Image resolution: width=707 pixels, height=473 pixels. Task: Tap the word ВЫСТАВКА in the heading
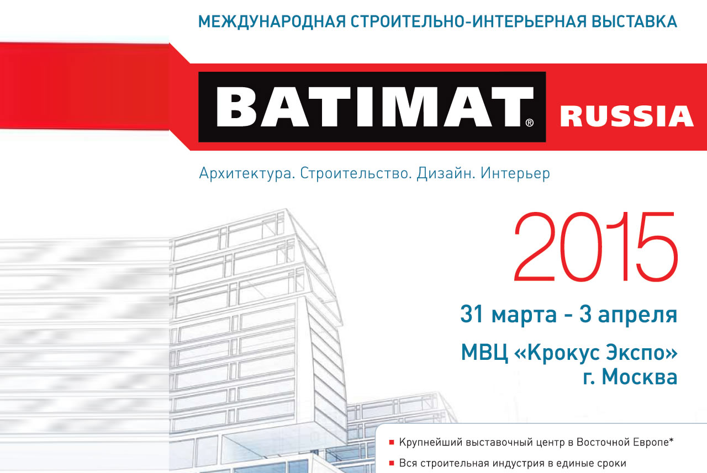click(x=634, y=22)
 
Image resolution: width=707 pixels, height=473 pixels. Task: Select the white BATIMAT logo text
click(x=370, y=107)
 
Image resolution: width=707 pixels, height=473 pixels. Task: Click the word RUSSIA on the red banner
click(x=626, y=116)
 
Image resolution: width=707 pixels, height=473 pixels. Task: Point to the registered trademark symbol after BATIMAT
click(x=530, y=123)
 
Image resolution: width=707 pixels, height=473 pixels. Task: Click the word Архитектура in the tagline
click(x=247, y=174)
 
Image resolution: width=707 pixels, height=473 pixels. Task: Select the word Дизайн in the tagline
click(x=446, y=174)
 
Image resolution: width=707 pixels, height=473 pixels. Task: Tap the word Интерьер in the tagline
click(x=515, y=174)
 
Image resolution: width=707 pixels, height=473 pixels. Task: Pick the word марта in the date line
click(x=524, y=315)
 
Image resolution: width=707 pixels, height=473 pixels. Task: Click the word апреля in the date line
click(x=637, y=315)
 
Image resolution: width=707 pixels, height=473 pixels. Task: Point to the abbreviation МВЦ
click(x=484, y=353)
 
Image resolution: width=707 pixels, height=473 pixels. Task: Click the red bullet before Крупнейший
click(x=392, y=443)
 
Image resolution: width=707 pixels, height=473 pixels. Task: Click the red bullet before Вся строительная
click(x=392, y=463)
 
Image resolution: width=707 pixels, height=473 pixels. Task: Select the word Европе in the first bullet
click(x=650, y=443)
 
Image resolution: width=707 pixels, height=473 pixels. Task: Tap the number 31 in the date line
click(x=472, y=314)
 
